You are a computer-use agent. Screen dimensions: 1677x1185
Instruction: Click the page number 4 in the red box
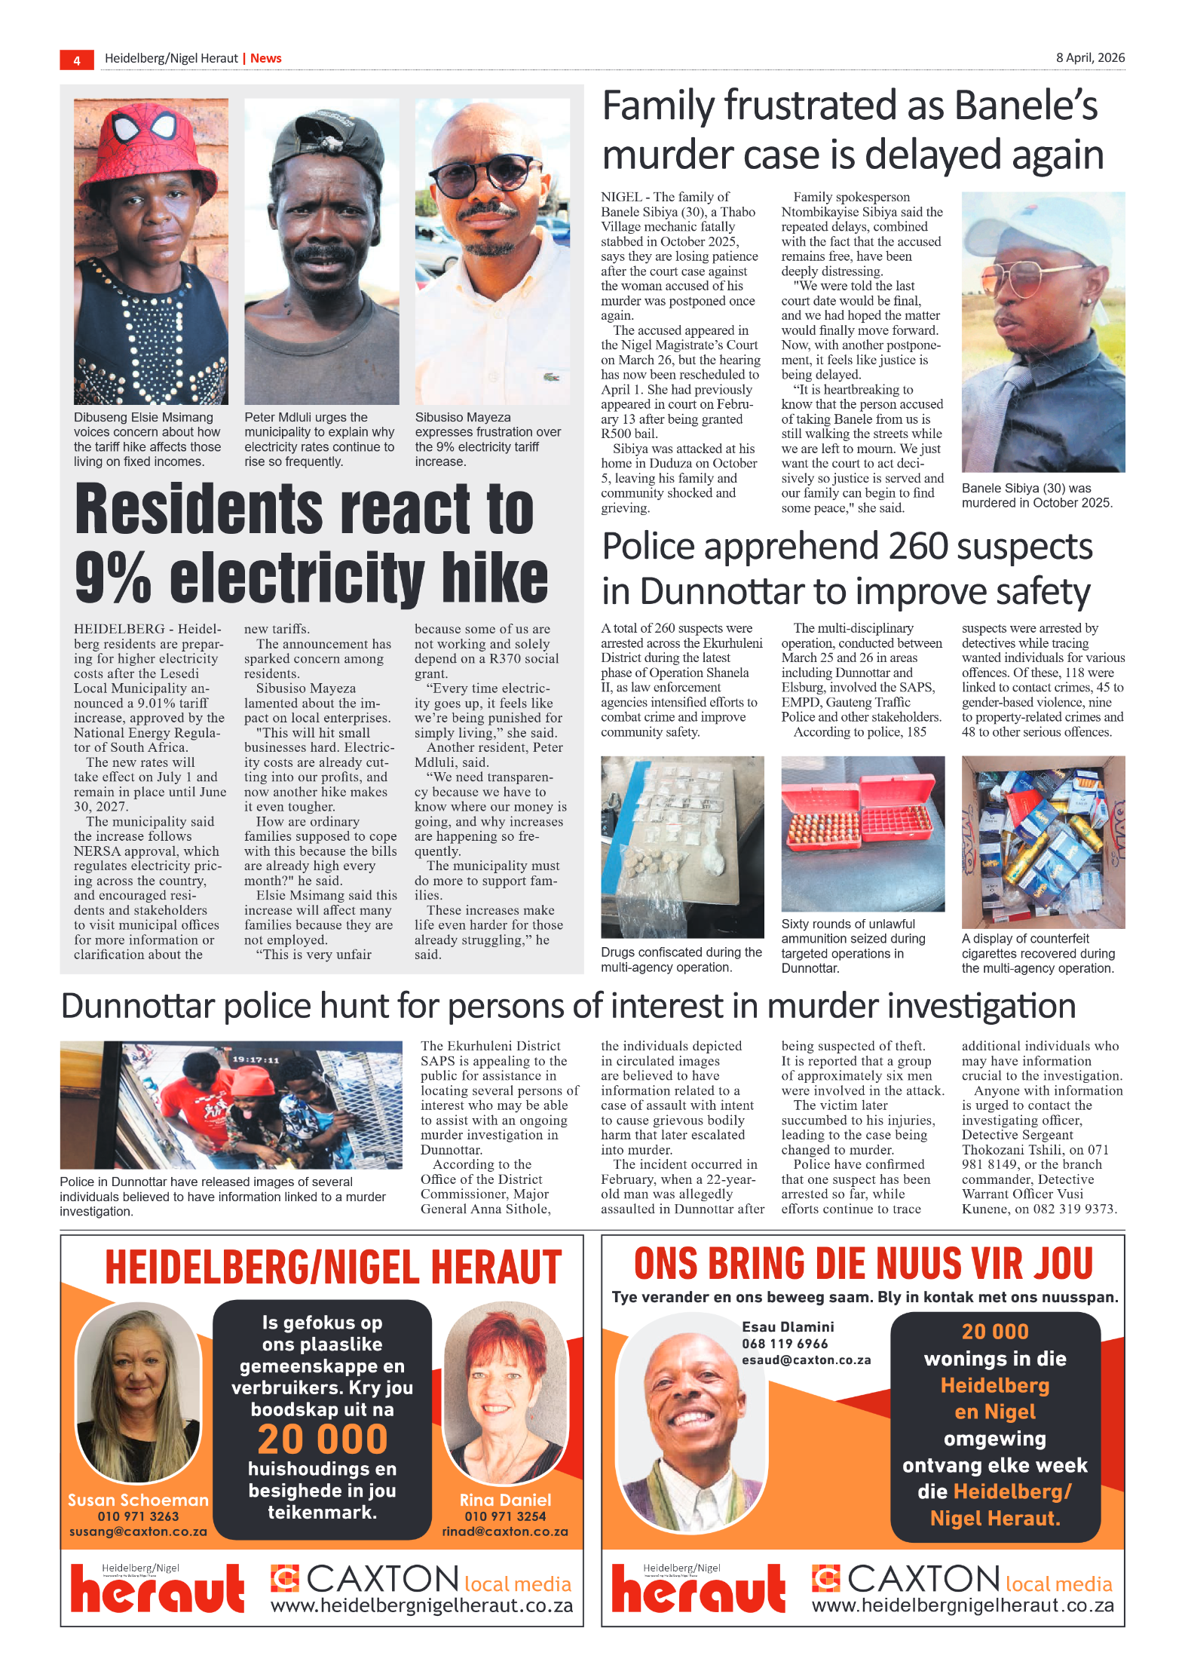coord(77,60)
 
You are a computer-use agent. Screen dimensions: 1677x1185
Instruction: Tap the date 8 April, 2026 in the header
coord(1089,58)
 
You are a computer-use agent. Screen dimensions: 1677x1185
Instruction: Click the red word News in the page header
coord(265,59)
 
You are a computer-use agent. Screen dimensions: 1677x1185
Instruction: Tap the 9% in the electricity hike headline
coord(113,578)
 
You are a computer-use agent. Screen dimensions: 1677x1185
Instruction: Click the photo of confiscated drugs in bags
coord(681,846)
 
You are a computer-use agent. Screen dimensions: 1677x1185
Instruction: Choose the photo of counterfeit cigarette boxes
coord(1043,842)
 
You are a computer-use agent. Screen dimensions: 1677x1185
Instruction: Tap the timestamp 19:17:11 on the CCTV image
coord(256,1059)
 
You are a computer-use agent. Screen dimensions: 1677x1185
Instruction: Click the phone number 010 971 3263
coord(138,1516)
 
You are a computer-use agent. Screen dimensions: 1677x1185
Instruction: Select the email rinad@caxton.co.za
coord(504,1531)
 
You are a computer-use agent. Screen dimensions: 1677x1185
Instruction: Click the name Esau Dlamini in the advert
coord(788,1327)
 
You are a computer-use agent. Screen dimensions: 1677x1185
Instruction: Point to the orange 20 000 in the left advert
coord(322,1439)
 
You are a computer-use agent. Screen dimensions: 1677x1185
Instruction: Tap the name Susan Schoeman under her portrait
coord(138,1500)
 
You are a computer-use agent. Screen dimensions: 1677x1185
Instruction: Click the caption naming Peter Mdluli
coord(319,439)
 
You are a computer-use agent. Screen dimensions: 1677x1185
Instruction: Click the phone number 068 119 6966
coord(785,1344)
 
